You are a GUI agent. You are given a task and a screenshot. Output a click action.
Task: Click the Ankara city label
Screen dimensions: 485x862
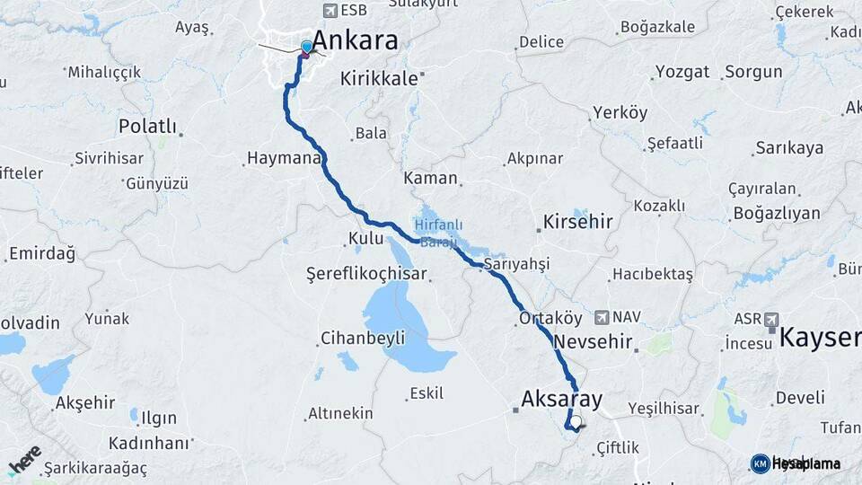pos(356,40)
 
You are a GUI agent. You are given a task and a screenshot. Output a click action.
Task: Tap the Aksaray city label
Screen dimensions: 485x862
pos(561,399)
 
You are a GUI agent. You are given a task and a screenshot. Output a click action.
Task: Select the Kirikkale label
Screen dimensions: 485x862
pos(379,79)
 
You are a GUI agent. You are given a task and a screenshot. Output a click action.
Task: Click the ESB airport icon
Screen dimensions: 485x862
pos(330,10)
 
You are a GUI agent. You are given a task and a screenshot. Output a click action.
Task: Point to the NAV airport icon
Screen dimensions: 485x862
pos(603,317)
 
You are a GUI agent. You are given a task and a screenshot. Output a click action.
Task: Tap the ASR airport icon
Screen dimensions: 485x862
pos(770,319)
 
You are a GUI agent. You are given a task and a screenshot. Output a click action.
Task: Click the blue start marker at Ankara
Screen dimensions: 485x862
pos(307,47)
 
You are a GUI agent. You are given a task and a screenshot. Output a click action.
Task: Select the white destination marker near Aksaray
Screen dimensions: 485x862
pos(576,420)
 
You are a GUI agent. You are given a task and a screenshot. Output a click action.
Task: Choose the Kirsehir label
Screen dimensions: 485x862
pos(577,221)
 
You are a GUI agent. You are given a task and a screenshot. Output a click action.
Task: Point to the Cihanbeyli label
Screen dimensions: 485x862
pos(363,339)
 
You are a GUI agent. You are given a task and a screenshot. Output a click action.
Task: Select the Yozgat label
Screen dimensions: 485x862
pos(682,72)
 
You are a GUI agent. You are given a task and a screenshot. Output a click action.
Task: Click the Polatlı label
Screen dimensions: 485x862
pos(147,127)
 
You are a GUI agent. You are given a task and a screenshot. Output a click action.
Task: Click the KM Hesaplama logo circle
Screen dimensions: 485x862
pos(760,463)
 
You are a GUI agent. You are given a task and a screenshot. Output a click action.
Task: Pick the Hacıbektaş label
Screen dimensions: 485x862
pos(653,274)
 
